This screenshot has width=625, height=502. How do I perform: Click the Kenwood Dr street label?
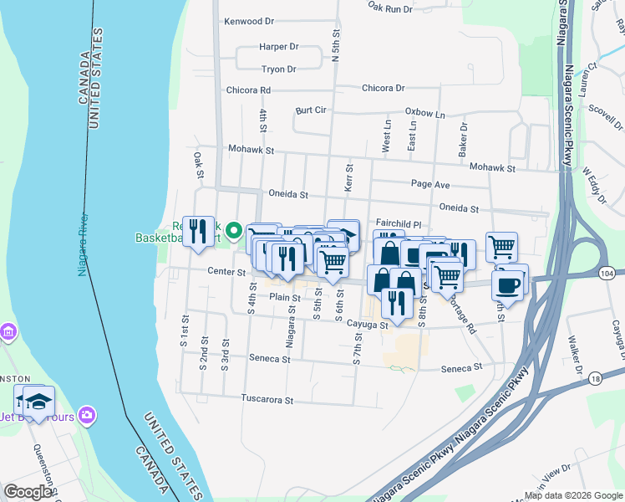pyautogui.click(x=249, y=21)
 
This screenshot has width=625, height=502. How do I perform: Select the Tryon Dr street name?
pyautogui.click(x=280, y=69)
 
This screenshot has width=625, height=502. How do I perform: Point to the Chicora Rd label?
pyautogui.click(x=248, y=90)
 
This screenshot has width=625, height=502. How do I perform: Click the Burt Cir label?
pyautogui.click(x=310, y=110)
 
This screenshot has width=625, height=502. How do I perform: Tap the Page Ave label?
pyautogui.click(x=430, y=184)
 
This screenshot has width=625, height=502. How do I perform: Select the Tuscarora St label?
pyautogui.click(x=267, y=399)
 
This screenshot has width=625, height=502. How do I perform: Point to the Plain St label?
pyautogui.click(x=284, y=297)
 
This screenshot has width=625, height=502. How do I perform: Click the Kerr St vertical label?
pyautogui.click(x=348, y=177)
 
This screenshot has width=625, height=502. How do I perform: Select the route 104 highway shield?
pyautogui.click(x=607, y=274)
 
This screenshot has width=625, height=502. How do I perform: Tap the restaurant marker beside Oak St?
pyautogui.click(x=198, y=230)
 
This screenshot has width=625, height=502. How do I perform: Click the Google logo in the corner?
pyautogui.click(x=28, y=492)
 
